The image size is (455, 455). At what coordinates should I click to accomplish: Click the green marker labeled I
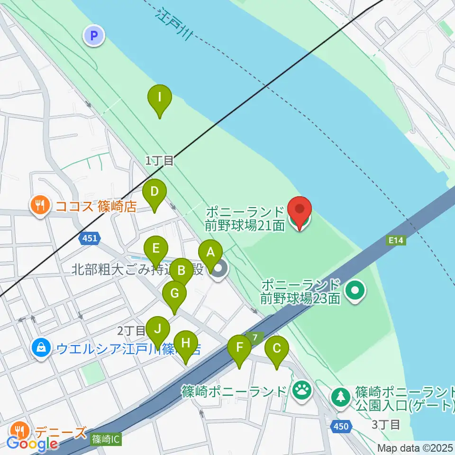click(160, 99)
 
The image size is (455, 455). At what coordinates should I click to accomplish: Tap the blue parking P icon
click(94, 35)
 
